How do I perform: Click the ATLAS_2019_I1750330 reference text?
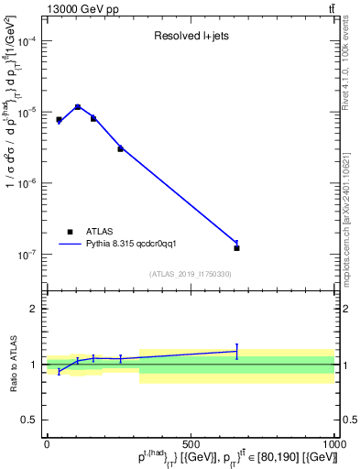(x=191, y=274)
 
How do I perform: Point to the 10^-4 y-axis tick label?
(x=28, y=41)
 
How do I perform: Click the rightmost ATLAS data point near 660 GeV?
(x=237, y=248)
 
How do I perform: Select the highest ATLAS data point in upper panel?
(x=78, y=107)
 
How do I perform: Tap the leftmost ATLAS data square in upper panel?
(x=59, y=120)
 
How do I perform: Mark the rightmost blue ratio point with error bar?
(x=237, y=351)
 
